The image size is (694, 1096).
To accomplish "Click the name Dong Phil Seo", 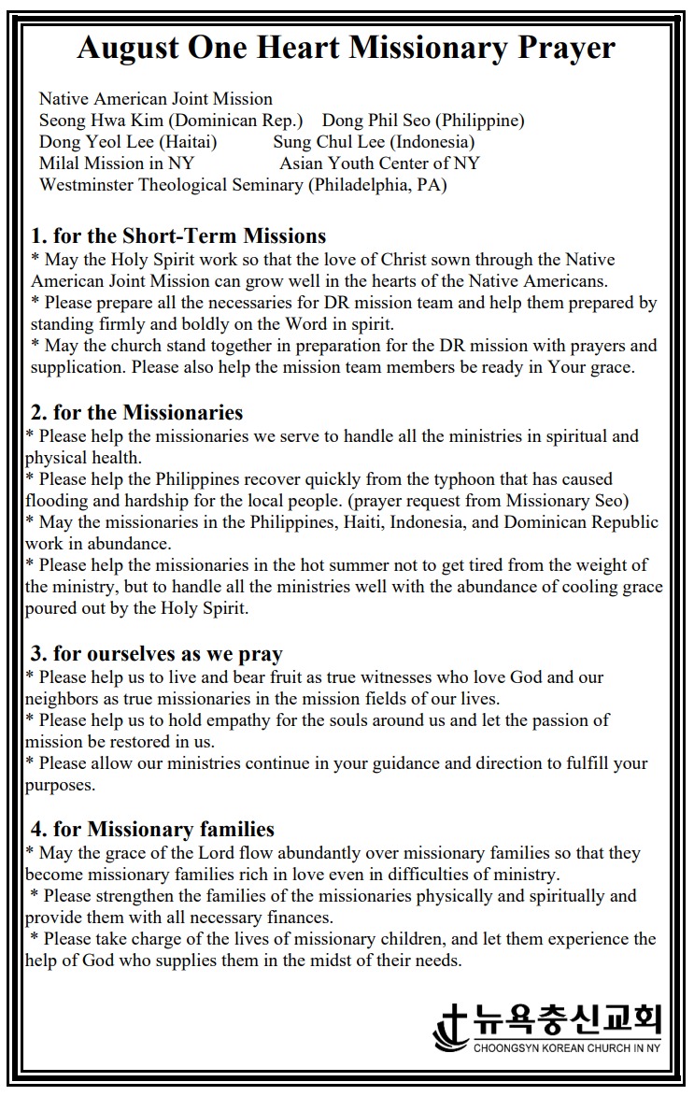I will [x=376, y=121].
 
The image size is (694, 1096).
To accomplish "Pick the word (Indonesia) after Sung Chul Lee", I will [x=432, y=142].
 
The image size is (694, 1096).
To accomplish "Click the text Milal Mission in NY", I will [x=117, y=164].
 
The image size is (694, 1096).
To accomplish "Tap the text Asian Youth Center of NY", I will [x=379, y=164].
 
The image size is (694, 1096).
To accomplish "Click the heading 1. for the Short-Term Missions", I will [x=178, y=235].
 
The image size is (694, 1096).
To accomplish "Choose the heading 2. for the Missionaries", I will [x=136, y=412].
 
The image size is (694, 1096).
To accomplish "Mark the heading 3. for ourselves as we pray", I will [x=157, y=653].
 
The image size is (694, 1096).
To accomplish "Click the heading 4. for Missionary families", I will [x=152, y=829].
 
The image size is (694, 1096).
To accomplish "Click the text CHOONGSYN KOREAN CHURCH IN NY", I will [x=566, y=1048].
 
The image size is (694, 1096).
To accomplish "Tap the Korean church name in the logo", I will [x=567, y=1018].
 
